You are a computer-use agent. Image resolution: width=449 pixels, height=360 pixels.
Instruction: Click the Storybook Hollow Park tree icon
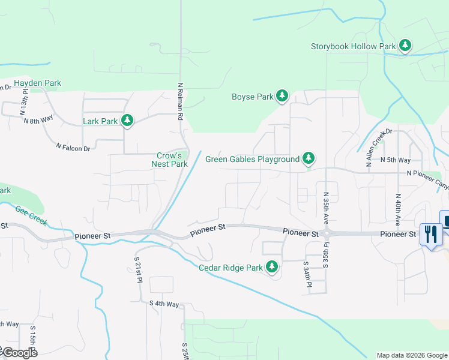click(405, 46)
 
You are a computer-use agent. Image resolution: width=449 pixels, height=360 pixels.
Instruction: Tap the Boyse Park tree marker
click(282, 96)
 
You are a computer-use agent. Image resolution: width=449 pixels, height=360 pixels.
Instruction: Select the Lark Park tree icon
click(127, 121)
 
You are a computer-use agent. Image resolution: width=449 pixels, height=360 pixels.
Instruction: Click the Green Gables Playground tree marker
click(308, 159)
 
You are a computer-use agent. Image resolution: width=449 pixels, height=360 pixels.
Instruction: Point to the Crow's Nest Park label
click(169, 159)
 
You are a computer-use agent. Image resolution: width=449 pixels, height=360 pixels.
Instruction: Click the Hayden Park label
click(37, 83)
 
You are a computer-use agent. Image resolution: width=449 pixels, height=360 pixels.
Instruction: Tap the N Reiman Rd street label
click(179, 102)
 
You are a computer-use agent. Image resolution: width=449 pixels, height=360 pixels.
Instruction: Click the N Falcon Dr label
click(73, 146)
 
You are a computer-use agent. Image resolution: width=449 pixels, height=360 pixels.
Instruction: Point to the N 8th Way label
click(38, 120)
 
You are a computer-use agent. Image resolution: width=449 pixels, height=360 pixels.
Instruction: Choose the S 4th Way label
click(164, 304)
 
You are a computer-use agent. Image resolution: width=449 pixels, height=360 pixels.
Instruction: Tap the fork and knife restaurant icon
click(431, 233)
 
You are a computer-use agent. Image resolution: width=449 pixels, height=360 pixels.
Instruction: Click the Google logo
click(19, 352)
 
